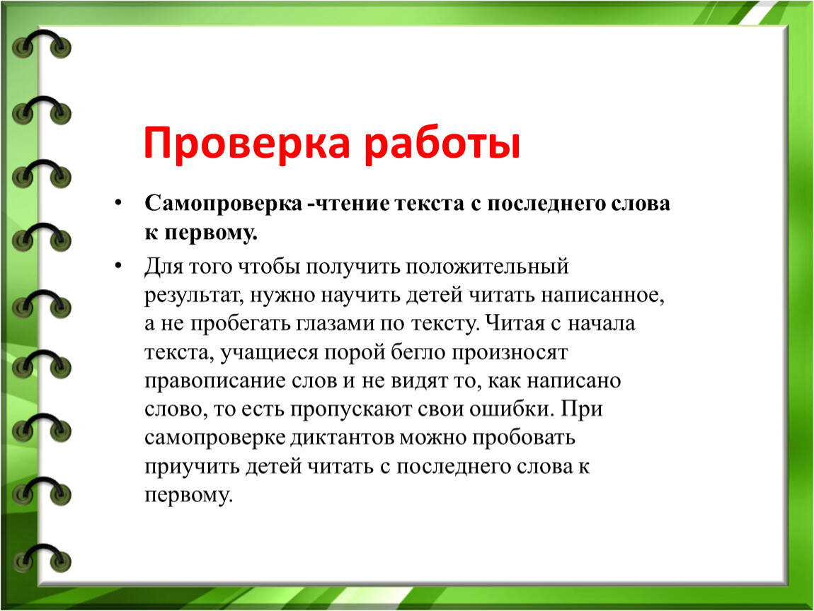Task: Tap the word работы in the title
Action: [442, 142]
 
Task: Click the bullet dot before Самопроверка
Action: [119, 202]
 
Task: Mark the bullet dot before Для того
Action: [119, 266]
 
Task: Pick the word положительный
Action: [487, 267]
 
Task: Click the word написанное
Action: [602, 296]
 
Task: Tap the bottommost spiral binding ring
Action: [42, 558]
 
